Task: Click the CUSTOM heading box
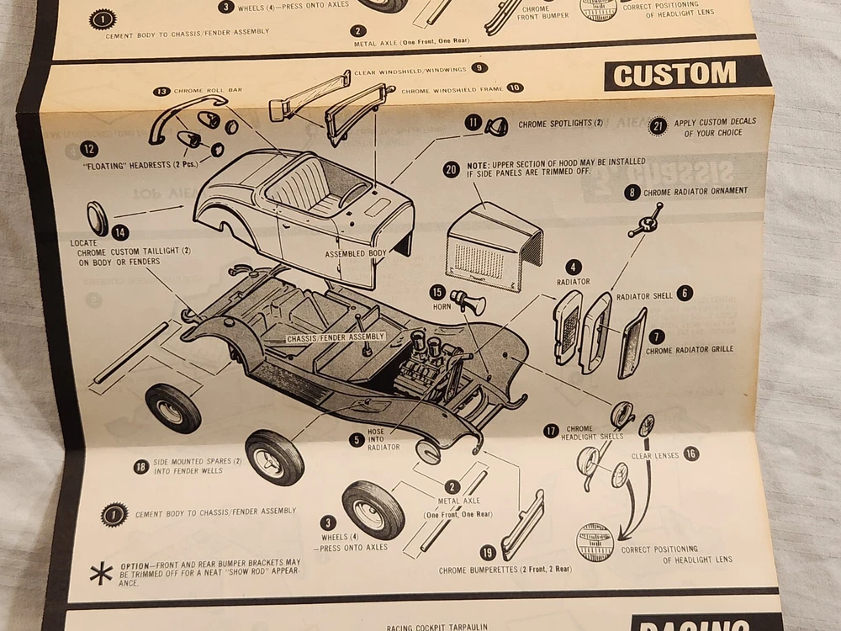(676, 75)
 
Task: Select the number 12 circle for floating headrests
(89, 150)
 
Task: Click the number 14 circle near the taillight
(120, 233)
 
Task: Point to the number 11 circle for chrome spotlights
(474, 123)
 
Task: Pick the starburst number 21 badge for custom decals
(658, 126)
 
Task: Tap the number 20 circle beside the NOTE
(452, 169)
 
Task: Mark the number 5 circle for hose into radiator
(357, 439)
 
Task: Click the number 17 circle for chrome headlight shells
(551, 431)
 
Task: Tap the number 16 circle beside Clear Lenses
(691, 453)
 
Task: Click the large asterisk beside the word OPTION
(101, 575)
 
